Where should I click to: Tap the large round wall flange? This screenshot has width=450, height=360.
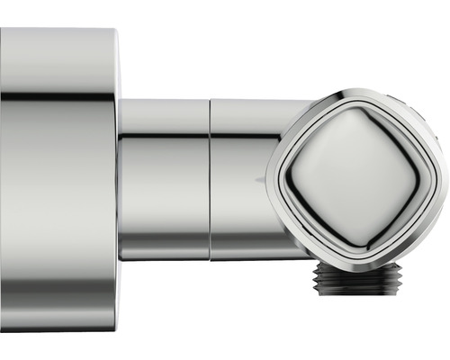coord(58,180)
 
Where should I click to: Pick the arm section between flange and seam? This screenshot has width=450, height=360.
coord(164,180)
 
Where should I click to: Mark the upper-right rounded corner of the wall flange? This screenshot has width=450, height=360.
coord(113,36)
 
